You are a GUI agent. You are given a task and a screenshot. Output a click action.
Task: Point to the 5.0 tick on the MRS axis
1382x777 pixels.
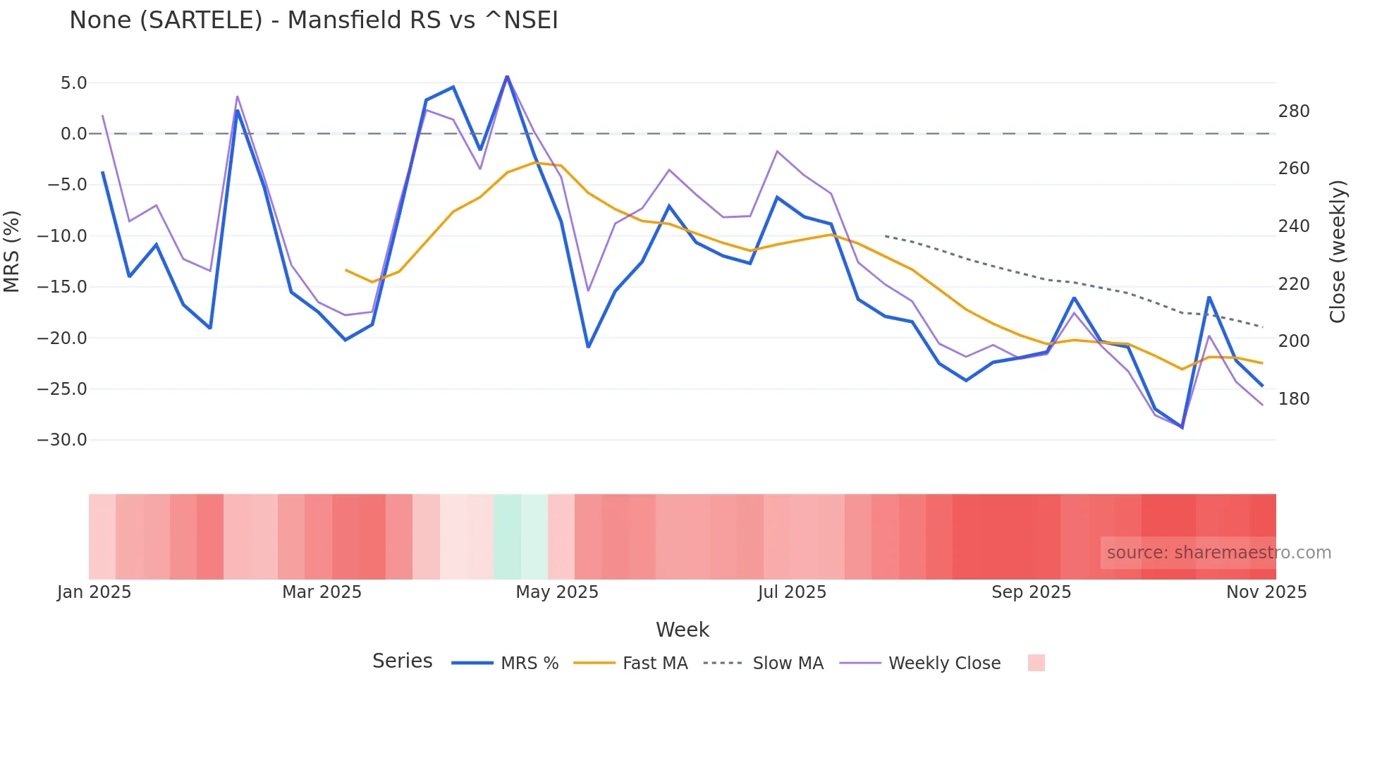(73, 83)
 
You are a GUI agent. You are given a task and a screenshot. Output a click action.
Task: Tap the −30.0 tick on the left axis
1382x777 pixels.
(62, 440)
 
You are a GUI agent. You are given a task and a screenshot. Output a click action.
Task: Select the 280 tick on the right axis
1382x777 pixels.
(1294, 111)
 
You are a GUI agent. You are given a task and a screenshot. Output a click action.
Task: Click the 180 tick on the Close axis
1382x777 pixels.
(1294, 399)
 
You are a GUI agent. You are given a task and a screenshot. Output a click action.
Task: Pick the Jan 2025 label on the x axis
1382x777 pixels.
(94, 592)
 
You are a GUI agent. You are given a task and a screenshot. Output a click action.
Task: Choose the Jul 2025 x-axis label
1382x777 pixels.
(792, 592)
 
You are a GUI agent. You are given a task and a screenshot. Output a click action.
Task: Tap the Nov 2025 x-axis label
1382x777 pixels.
(1266, 592)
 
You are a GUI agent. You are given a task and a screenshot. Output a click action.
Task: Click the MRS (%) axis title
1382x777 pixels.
(12, 252)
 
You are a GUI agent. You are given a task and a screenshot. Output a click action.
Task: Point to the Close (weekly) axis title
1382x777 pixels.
(1338, 252)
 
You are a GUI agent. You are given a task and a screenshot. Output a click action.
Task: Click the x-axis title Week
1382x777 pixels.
(683, 630)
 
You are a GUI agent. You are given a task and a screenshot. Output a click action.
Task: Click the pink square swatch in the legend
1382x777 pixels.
(1036, 663)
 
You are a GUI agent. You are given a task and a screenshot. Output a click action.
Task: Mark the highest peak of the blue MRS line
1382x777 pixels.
(507, 76)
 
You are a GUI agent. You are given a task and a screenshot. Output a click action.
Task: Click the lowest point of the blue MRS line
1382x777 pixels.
(1182, 427)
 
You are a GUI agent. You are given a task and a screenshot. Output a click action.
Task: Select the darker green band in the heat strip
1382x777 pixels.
(507, 537)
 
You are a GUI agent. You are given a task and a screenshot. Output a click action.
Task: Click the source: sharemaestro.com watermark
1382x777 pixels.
(1218, 553)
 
